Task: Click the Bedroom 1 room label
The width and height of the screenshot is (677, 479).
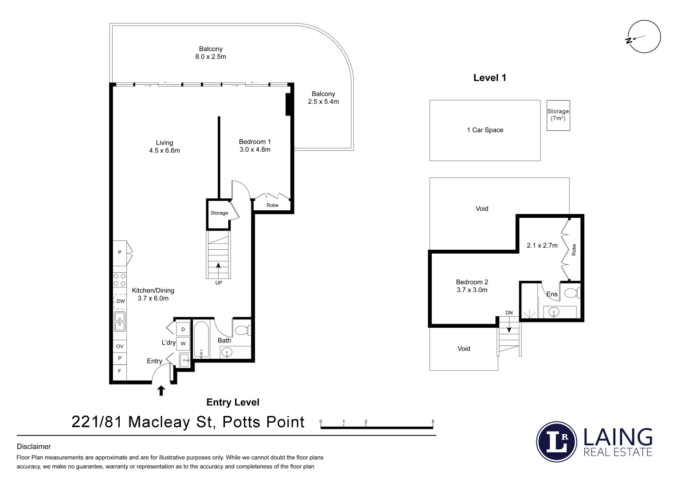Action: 254,142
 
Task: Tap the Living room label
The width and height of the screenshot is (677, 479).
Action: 164,143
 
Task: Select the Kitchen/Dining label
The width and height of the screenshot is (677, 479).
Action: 153,291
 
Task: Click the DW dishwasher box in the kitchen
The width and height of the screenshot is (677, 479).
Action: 120,301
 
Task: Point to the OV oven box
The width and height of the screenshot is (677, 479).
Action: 120,346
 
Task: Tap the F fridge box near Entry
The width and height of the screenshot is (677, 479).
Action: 119,371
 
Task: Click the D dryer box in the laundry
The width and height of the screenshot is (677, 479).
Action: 183,330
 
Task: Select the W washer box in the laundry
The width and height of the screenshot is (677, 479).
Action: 183,344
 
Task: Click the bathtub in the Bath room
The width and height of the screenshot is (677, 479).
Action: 201,340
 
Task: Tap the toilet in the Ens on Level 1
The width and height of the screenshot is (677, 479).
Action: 571,293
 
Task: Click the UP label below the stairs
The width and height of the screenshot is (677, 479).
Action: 219,283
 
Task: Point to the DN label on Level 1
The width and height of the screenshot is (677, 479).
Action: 509,313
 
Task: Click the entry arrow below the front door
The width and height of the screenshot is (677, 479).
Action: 161,391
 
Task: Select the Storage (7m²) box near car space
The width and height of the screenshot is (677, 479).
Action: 558,115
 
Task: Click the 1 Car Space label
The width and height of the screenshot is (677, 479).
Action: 485,130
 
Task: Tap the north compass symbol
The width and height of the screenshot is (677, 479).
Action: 645,37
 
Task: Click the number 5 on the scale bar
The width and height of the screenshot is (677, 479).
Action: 433,422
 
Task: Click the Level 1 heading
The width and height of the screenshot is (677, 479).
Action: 489,78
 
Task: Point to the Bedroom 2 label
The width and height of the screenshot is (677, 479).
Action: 472,282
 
